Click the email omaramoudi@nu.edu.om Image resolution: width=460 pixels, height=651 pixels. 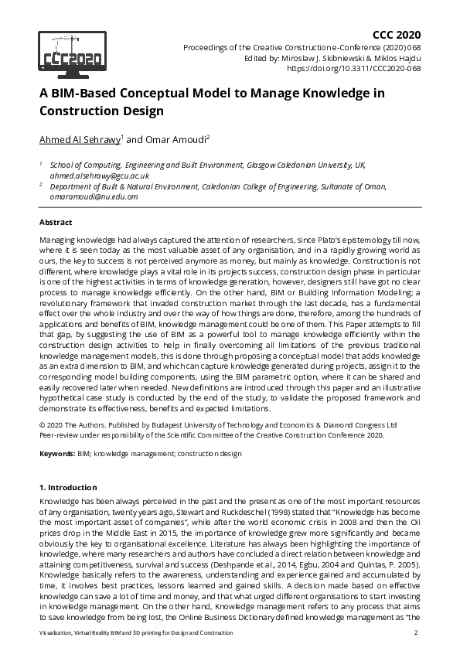tap(94, 196)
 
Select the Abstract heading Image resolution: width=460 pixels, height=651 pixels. tap(56, 222)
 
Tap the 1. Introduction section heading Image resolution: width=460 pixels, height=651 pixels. tap(68, 488)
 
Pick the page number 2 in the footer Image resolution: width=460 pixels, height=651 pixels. tap(416, 633)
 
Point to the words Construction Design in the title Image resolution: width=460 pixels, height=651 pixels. tap(101, 111)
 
